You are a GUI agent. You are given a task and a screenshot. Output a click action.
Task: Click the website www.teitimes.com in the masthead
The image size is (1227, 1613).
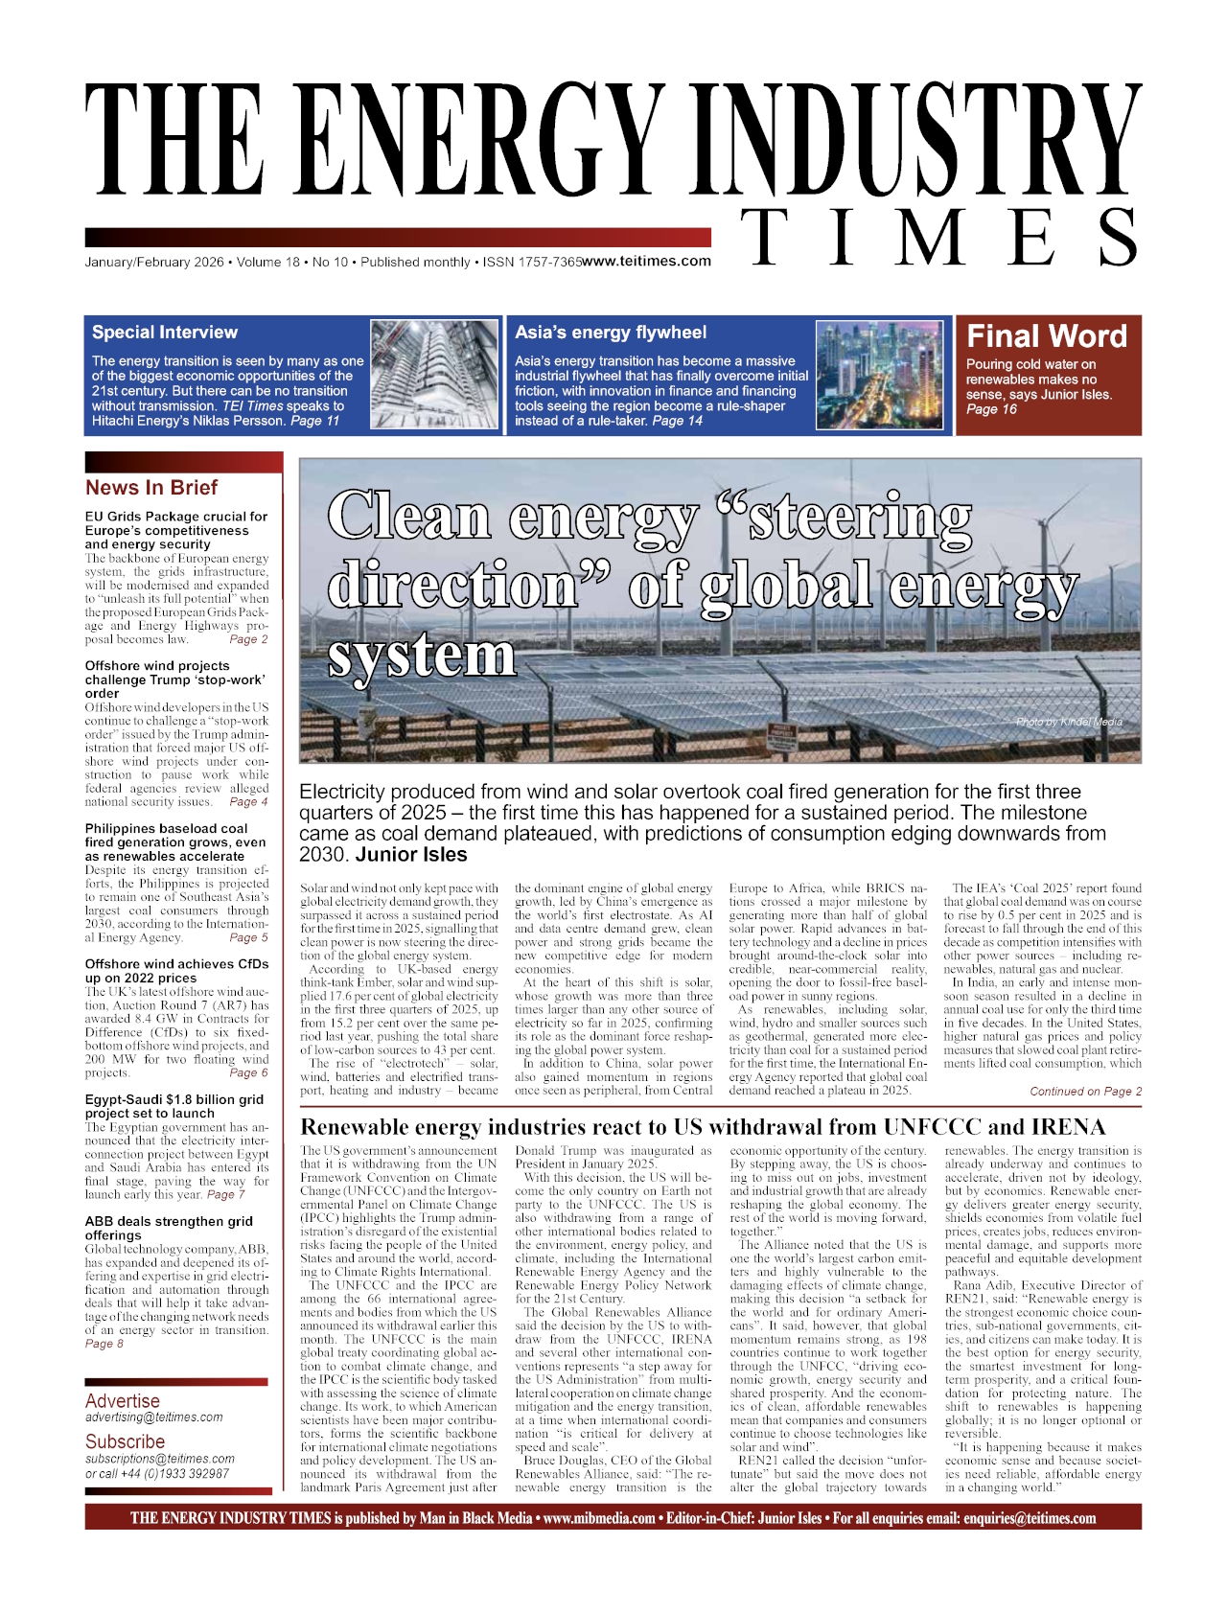[x=647, y=261]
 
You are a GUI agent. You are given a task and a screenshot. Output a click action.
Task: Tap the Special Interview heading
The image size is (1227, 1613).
[x=165, y=333]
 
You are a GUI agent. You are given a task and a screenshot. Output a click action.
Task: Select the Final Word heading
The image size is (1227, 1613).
[x=1046, y=336]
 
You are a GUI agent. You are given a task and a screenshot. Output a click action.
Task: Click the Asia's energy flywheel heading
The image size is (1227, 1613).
[x=611, y=333]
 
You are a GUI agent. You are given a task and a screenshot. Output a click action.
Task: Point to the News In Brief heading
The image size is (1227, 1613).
[x=151, y=487]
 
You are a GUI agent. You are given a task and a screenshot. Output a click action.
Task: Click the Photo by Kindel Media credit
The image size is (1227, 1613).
[x=1068, y=722]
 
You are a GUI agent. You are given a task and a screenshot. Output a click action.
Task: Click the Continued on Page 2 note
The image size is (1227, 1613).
[x=1085, y=1091]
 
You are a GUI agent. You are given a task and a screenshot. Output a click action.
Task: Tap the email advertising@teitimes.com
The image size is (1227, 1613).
[x=154, y=1417]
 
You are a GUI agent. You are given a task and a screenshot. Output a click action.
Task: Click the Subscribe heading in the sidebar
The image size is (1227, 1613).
[x=125, y=1441]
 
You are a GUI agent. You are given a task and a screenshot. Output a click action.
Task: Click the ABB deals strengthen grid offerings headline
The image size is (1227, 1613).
[x=169, y=1228]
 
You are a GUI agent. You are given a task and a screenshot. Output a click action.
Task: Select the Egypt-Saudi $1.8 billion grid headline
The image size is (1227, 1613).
[x=174, y=1106]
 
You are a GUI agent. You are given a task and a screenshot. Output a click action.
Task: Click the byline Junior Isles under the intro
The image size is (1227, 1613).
[x=411, y=855]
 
